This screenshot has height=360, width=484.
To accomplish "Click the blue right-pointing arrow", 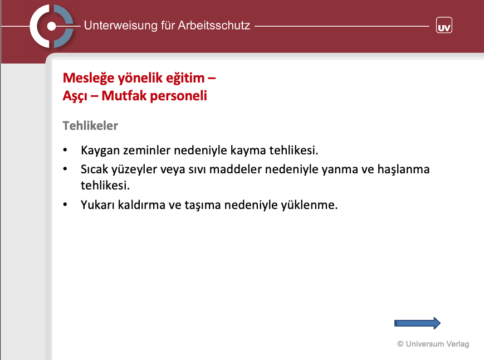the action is point(417,323).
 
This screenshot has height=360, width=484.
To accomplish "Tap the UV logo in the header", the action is point(444,25).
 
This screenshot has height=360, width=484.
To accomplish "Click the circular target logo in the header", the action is point(52,26).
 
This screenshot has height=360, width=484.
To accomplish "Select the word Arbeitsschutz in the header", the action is point(214,25).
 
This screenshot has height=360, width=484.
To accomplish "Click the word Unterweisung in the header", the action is point(121,26).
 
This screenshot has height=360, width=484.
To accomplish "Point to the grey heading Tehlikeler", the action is point(90,125).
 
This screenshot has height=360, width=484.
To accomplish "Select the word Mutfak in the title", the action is point(124,96).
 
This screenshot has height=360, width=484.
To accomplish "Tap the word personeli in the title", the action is point(178,96).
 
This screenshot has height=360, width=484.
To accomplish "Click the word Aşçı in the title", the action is point(75,96).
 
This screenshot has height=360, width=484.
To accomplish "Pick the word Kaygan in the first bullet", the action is point(100,150).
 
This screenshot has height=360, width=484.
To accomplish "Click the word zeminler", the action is point(146,150).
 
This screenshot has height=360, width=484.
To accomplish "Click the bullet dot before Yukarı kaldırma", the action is point(65,205).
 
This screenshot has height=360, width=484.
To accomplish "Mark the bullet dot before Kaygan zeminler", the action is point(65,150).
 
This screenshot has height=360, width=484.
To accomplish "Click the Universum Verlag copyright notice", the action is point(433,344).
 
